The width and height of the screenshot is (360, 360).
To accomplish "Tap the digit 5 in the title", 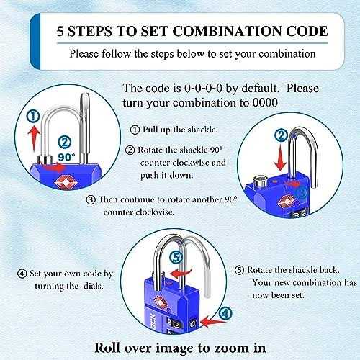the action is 60,31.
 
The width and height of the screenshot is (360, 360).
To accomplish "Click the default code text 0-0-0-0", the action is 203,89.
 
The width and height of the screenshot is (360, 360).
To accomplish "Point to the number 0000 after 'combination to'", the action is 265,103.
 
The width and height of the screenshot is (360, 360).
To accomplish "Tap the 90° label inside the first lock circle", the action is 66,157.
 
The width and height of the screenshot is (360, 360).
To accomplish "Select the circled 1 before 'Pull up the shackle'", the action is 135,130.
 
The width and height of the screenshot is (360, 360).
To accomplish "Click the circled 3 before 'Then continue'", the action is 91,199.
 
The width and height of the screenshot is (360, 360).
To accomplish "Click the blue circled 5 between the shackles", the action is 176,258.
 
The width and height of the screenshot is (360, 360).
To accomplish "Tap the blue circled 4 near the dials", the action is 225,314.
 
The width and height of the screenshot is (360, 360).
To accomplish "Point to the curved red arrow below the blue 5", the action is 181,272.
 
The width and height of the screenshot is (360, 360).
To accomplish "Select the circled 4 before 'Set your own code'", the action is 22,274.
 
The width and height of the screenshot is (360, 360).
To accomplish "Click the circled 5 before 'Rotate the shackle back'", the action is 239,270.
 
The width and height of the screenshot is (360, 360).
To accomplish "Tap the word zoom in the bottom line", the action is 228,348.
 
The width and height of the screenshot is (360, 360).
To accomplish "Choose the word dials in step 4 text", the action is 94,286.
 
